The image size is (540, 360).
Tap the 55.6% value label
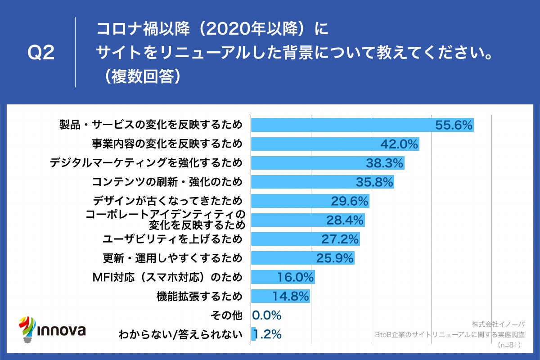pyautogui.click(x=454, y=125)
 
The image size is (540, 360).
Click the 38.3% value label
pyautogui.click(x=384, y=163)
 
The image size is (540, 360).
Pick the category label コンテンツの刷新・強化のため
pyautogui.click(x=167, y=182)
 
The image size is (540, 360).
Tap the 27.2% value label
pyautogui.click(x=340, y=238)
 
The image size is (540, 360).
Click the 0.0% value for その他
pyautogui.click(x=266, y=315)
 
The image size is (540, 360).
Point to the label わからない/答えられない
pyautogui.click(x=180, y=334)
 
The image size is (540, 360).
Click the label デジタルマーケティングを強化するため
pyautogui.click(x=146, y=163)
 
